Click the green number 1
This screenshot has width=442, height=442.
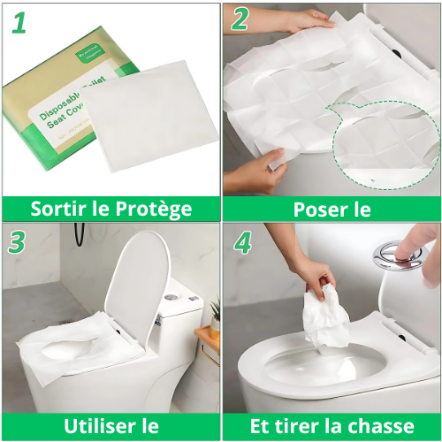[19, 22]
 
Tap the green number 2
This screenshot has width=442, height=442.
[240, 20]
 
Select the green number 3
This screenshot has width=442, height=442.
[19, 241]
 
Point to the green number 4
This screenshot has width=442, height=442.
[240, 241]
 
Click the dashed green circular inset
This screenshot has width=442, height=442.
[385, 146]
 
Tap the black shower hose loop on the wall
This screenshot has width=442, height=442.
[80, 235]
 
